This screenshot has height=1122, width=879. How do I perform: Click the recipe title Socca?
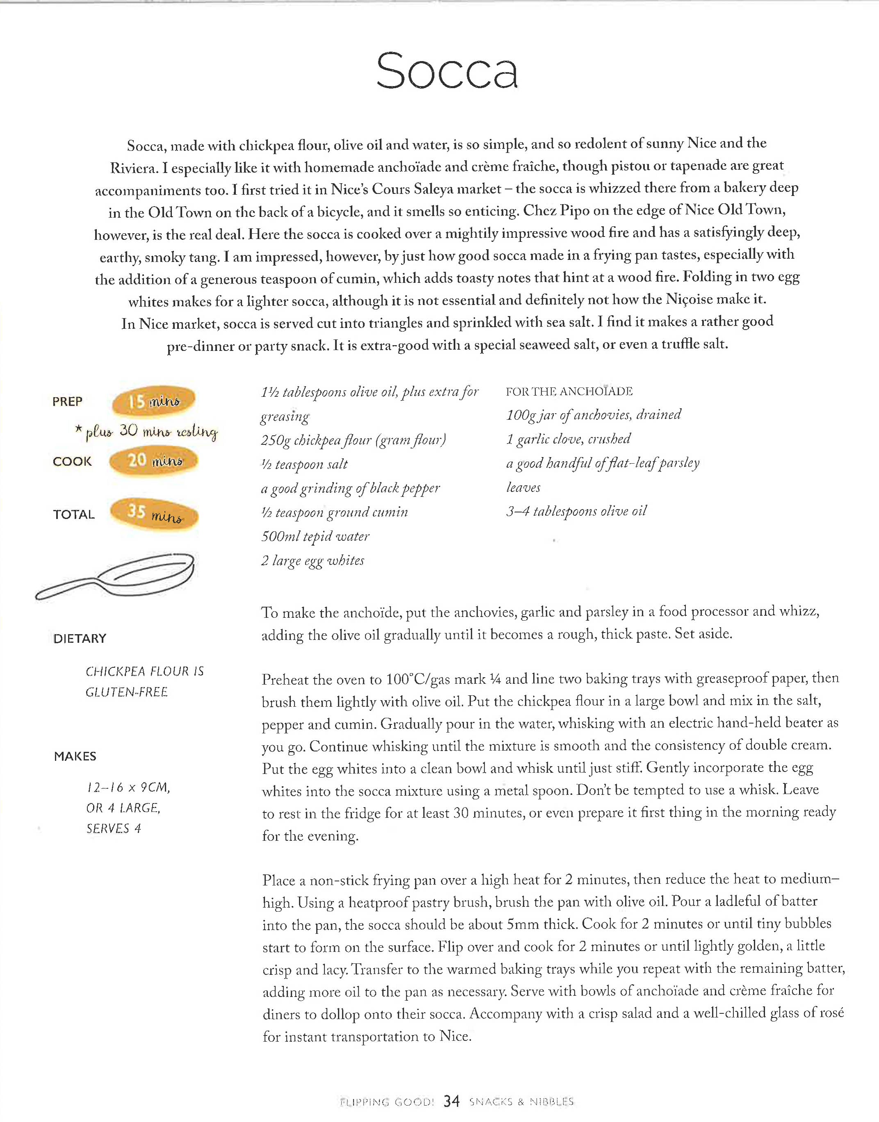(447, 71)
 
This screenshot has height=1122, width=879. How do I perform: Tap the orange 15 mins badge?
(153, 401)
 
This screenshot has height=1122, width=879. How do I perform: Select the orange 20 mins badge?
(153, 460)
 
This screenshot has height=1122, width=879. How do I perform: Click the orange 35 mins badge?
(155, 513)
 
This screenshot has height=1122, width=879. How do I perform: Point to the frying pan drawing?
(116, 576)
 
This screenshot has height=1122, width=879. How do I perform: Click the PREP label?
(67, 402)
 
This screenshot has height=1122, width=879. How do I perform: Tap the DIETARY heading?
(80, 638)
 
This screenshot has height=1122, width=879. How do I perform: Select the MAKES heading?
(75, 756)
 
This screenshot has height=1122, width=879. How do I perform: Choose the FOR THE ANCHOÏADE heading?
(569, 391)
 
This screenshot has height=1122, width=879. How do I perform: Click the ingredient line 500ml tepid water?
(315, 537)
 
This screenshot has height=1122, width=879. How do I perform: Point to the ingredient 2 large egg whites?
(312, 561)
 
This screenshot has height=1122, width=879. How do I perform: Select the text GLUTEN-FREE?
(127, 692)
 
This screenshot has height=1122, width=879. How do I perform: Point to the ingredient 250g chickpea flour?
(353, 440)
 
